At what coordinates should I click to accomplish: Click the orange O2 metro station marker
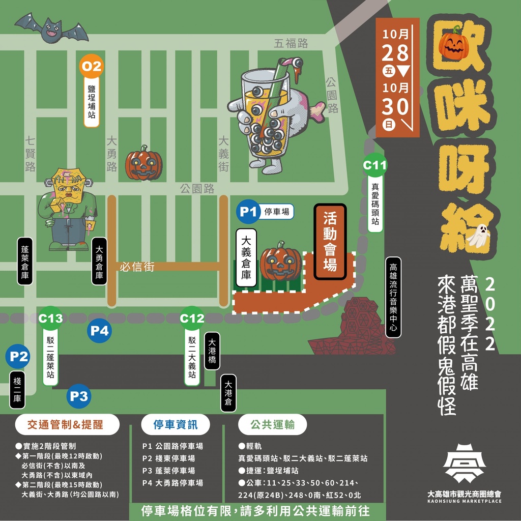[x=92, y=67]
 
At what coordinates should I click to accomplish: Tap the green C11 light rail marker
[x=375, y=165]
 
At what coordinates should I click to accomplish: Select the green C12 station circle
[x=192, y=319]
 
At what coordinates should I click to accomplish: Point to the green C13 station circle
[x=51, y=319]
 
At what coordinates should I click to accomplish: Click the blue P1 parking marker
[x=248, y=212]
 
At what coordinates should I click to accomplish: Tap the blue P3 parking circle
[x=79, y=396]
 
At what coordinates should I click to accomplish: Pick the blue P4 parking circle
[x=100, y=331]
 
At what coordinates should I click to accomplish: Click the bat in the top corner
[x=51, y=28]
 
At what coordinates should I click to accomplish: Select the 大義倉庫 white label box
[x=246, y=258]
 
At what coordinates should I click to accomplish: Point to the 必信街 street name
[x=137, y=266]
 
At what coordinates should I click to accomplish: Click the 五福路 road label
[x=291, y=44]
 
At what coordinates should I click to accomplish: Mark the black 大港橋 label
[x=212, y=351]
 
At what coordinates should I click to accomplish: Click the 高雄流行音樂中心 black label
[x=393, y=296]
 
